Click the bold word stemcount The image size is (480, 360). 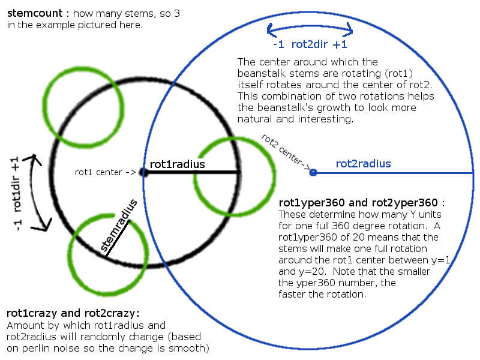pyautogui.click(x=35, y=13)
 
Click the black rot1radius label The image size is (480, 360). pyautogui.click(x=177, y=164)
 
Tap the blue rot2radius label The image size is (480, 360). pyautogui.click(x=364, y=164)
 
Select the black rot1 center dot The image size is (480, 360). pyautogui.click(x=144, y=172)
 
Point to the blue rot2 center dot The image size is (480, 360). pyautogui.click(x=313, y=173)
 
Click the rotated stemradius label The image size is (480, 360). pyautogui.click(x=119, y=225)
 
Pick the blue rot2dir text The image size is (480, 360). pyautogui.click(x=310, y=44)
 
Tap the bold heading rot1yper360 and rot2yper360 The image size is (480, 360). pyautogui.click(x=358, y=203)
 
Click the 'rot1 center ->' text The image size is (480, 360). pyautogui.click(x=106, y=172)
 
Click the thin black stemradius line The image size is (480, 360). pyautogui.click(x=118, y=239)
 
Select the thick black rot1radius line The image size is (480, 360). pyautogui.click(x=192, y=172)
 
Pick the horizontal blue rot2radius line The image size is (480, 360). pyautogui.click(x=394, y=173)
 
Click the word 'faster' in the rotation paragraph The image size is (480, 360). pyautogui.click(x=292, y=294)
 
